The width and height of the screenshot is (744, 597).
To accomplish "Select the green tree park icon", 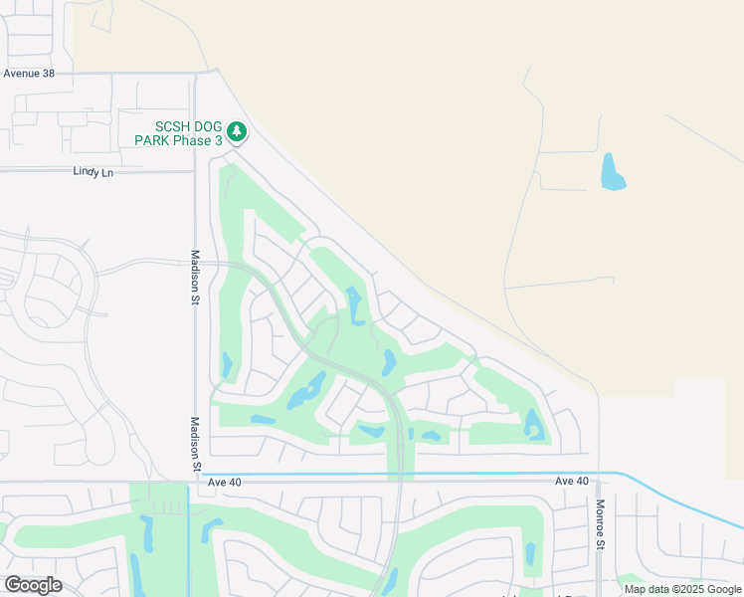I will coord(237,131).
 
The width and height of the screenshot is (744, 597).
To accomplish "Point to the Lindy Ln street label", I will coord(93,171).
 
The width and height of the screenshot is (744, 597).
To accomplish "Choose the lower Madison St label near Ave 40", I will coord(196,444).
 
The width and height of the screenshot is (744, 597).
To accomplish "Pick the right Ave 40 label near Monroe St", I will coord(572,481).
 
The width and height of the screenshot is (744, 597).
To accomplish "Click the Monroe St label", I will coord(601,525).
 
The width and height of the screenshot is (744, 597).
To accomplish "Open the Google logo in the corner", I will coord(33,584).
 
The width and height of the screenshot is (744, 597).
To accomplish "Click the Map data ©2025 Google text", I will coord(682,589).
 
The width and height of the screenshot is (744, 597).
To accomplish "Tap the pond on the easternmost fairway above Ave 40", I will coord(534,425).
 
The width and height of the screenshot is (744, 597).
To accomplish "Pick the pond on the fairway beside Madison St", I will coord(227,365).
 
